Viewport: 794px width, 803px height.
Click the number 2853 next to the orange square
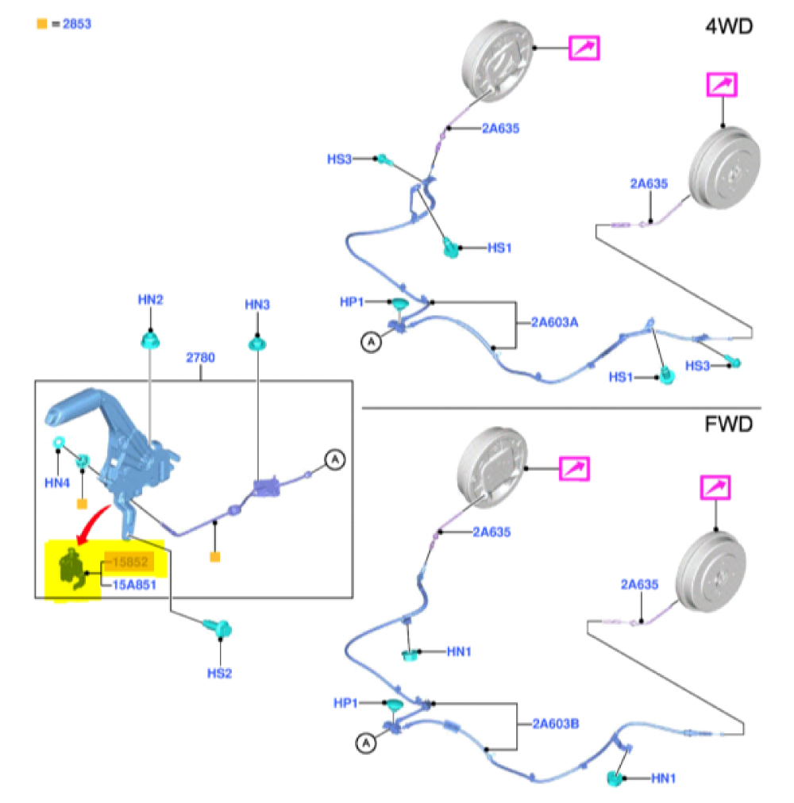click(x=77, y=24)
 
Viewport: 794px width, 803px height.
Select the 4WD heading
click(x=729, y=26)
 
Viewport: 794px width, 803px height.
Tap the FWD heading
click(x=729, y=425)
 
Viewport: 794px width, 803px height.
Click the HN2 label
click(x=150, y=300)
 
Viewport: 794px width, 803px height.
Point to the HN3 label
click(x=257, y=304)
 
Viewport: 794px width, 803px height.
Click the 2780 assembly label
click(x=200, y=358)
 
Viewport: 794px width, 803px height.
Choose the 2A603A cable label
click(x=554, y=323)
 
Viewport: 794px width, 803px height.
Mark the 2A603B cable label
click(x=554, y=724)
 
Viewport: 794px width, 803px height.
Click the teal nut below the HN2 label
click(x=150, y=340)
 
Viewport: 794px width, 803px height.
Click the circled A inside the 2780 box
click(x=335, y=459)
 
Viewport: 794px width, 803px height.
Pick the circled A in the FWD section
click(x=365, y=743)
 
